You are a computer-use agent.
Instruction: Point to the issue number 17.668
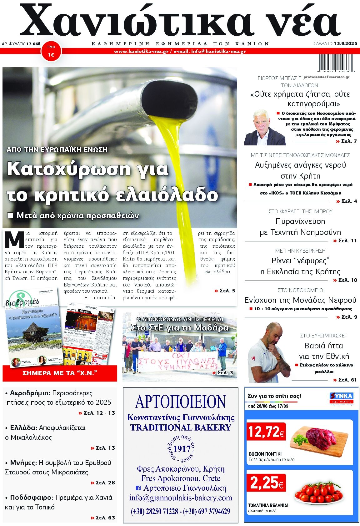point(33,44)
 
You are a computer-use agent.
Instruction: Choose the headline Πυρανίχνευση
point(300,221)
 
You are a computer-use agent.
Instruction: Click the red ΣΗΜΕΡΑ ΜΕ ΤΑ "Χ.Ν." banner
point(60,373)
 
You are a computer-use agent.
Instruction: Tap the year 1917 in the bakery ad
point(182,449)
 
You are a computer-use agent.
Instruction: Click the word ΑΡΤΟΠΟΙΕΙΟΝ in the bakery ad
point(180,402)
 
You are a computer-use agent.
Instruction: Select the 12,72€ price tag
point(266,432)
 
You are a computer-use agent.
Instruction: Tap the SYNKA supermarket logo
point(341,398)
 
